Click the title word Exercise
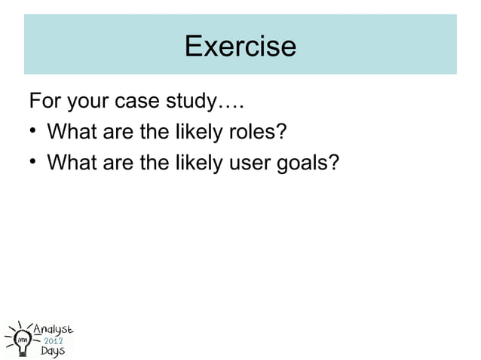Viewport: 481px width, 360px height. [240, 47]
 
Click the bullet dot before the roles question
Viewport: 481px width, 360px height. [34, 133]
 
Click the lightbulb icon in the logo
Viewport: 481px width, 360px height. [20, 338]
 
